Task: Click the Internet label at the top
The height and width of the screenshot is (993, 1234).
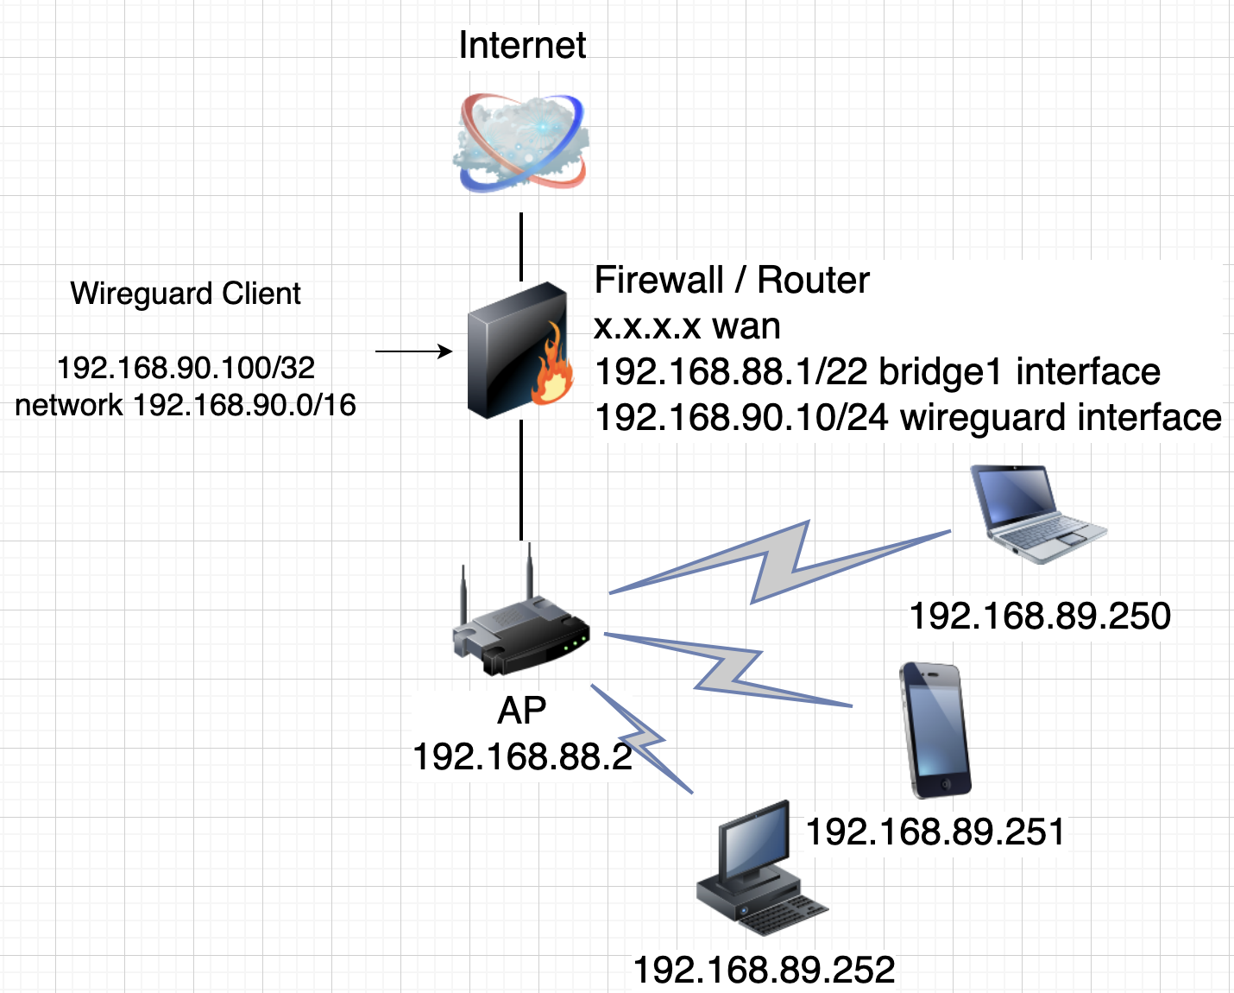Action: point(522,45)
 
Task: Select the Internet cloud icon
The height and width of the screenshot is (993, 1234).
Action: point(521,142)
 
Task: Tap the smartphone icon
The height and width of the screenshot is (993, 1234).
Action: point(935,730)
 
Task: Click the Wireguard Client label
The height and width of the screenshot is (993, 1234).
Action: point(186,294)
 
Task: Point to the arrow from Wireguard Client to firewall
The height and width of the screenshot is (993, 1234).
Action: point(414,351)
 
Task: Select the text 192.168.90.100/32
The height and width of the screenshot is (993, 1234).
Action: point(186,368)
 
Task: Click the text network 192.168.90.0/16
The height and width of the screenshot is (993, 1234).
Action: point(186,404)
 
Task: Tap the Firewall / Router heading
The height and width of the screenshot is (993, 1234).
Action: point(732,280)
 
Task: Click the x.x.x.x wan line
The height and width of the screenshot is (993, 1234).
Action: point(688,326)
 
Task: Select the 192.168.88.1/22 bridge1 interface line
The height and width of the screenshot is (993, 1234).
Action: point(878,371)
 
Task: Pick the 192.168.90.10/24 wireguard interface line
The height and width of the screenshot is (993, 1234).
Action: point(908,417)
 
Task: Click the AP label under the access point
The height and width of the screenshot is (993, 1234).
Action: point(522,711)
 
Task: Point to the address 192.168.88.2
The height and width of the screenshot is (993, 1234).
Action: point(522,756)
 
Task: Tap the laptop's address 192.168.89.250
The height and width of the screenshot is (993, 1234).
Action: point(1040,616)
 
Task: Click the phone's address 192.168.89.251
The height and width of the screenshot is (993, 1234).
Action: point(935,832)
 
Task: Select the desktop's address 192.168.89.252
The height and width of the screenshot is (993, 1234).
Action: point(765,970)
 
